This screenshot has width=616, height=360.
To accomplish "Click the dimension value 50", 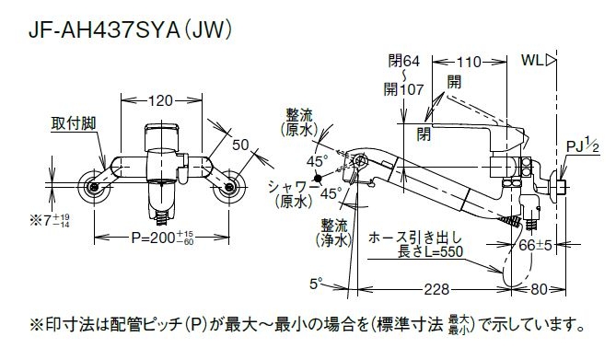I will coord(242,145).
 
